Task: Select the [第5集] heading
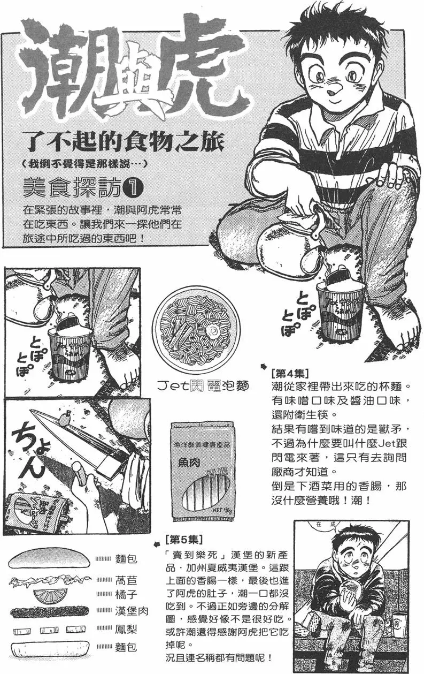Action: pos(184,537)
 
